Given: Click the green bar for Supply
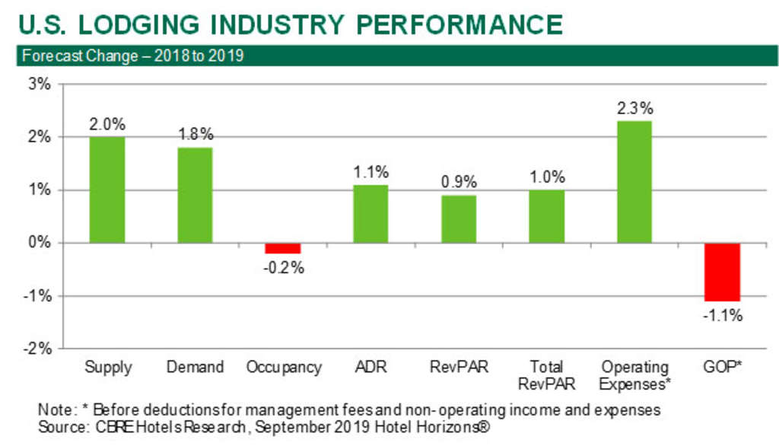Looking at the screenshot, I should (107, 190).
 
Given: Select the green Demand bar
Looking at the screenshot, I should (196, 196).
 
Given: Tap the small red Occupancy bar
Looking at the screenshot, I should (283, 248).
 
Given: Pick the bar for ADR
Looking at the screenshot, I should (370, 214).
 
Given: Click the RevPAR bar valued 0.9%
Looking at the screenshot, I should (459, 219).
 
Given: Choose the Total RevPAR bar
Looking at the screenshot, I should (547, 216).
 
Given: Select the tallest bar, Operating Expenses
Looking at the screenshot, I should (634, 182).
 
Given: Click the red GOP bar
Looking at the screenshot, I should (723, 272).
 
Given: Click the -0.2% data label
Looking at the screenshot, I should (284, 267).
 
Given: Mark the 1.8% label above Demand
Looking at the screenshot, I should (196, 134).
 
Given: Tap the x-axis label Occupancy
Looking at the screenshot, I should (284, 368).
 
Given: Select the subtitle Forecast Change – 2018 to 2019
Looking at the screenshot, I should (132, 56).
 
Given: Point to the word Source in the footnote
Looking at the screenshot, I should (62, 428).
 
